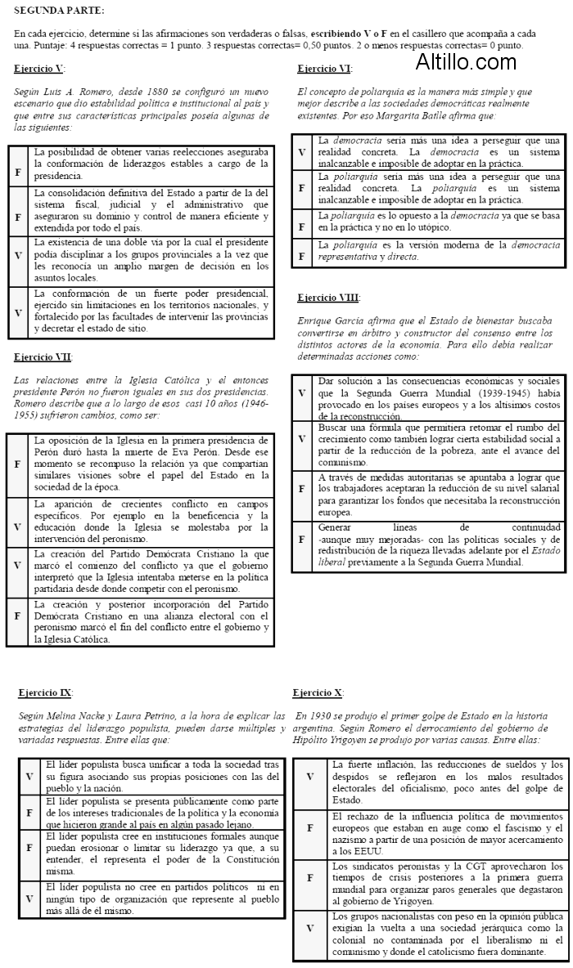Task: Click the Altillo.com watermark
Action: (x=465, y=60)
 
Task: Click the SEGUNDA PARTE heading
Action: (x=60, y=10)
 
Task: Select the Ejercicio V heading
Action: (x=39, y=69)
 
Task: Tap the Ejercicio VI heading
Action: (x=324, y=69)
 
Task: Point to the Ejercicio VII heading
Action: (x=43, y=356)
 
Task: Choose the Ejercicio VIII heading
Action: (x=328, y=298)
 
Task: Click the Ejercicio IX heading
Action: (x=46, y=692)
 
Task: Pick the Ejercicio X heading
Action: (x=318, y=692)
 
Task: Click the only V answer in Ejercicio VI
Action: (x=302, y=152)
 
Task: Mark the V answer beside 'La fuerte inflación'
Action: (x=309, y=777)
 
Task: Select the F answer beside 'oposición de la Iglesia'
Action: (x=18, y=464)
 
